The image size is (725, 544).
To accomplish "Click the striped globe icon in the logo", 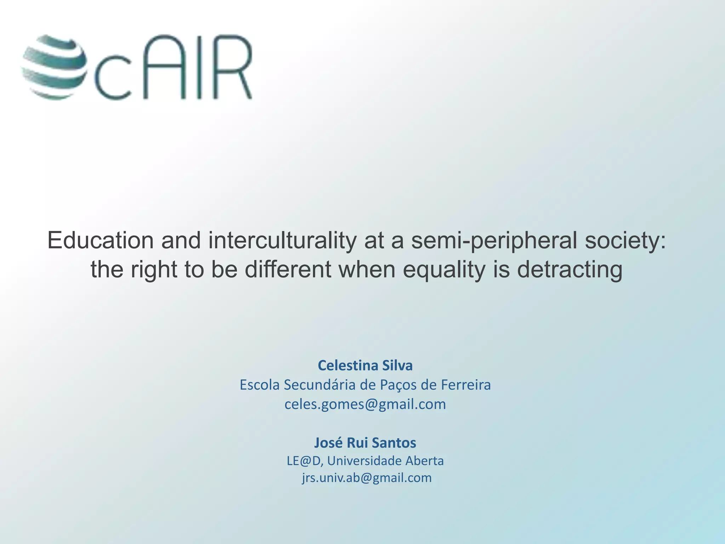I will (54, 67).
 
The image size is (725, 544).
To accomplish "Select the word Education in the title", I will (101, 240).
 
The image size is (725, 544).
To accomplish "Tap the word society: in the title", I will (625, 241).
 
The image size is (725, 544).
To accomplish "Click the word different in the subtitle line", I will (288, 270).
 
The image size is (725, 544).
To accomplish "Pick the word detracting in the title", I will (569, 270).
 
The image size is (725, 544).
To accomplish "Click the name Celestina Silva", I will (365, 365).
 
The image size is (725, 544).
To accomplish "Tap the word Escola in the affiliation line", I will (259, 385).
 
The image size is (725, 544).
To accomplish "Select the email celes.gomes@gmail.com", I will (365, 404).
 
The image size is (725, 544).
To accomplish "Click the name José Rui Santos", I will (365, 443).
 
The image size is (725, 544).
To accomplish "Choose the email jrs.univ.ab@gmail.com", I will (367, 478).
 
